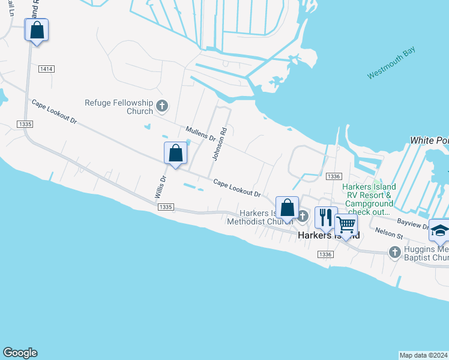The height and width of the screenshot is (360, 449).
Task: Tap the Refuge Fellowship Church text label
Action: pyautogui.click(x=119, y=106)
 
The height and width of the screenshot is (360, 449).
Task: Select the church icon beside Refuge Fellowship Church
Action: pyautogui.click(x=161, y=106)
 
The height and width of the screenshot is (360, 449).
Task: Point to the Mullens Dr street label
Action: pyautogui.click(x=200, y=133)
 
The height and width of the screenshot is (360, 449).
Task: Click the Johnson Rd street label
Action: pyautogui.click(x=219, y=143)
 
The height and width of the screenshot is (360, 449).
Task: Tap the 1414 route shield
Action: pyautogui.click(x=46, y=69)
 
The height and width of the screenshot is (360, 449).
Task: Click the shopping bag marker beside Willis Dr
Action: pyautogui.click(x=175, y=153)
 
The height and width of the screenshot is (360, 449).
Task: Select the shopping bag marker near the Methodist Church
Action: pyautogui.click(x=287, y=208)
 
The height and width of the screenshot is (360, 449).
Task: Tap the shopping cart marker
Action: pyautogui.click(x=346, y=225)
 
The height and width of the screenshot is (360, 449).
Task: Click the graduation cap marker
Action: pyautogui.click(x=439, y=230)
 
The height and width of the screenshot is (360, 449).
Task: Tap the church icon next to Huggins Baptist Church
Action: pyautogui.click(x=394, y=252)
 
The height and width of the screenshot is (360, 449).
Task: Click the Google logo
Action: pyautogui.click(x=20, y=353)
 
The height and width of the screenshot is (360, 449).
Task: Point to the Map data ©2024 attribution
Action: pyautogui.click(x=423, y=355)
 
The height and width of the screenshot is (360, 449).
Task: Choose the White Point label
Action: pyautogui.click(x=429, y=140)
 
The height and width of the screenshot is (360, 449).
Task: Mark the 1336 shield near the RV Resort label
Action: pyautogui.click(x=334, y=176)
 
